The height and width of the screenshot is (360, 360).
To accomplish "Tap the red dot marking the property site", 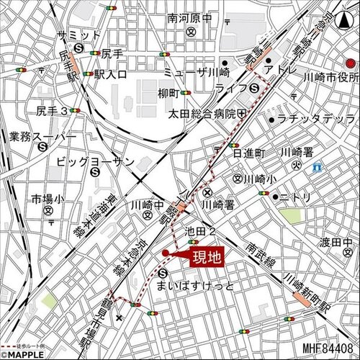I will (166, 253).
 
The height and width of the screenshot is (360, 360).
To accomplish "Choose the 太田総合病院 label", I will (202, 114).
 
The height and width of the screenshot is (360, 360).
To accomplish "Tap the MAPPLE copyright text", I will (27, 354).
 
